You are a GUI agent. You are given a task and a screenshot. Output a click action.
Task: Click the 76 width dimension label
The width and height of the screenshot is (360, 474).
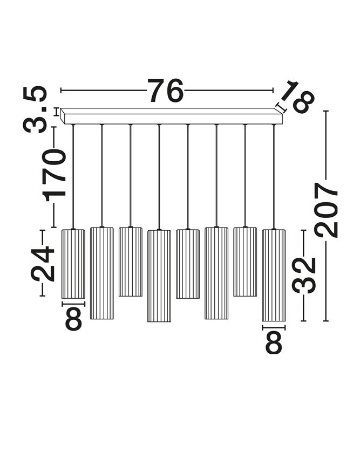pyautogui.click(x=165, y=90)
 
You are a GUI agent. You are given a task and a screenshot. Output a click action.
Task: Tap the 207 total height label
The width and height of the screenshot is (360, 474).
pyautogui.click(x=325, y=210)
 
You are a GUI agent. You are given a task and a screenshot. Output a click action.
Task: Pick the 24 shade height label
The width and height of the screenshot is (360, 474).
pyautogui.click(x=42, y=263)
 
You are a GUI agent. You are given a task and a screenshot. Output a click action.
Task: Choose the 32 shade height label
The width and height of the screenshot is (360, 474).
pyautogui.click(x=304, y=275)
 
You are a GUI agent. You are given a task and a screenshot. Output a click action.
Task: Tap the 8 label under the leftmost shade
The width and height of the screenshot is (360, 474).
pyautogui.click(x=73, y=319)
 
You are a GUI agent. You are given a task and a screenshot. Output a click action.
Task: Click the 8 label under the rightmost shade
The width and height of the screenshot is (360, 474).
pyautogui.click(x=274, y=342)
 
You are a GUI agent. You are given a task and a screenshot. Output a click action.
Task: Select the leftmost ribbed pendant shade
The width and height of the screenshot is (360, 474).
pyautogui.click(x=73, y=264)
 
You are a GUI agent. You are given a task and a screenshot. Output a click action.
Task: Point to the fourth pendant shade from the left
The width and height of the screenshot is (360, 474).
pyautogui.click(x=159, y=276)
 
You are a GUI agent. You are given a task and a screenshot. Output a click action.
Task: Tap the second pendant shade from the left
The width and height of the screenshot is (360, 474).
pyautogui.click(x=101, y=273)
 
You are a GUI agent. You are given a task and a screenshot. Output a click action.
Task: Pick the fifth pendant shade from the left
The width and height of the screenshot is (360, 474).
pyautogui.click(x=188, y=264)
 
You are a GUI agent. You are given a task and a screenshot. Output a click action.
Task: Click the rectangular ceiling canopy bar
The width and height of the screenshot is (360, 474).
pyautogui.click(x=172, y=116)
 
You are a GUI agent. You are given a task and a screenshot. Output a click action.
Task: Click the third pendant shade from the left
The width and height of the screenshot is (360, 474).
pyautogui.click(x=131, y=262)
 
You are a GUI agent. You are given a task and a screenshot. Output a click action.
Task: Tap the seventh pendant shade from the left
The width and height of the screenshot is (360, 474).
pyautogui.click(x=244, y=262)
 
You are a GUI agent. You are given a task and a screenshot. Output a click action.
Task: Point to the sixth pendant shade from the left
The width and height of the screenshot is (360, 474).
pyautogui.click(x=216, y=273)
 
